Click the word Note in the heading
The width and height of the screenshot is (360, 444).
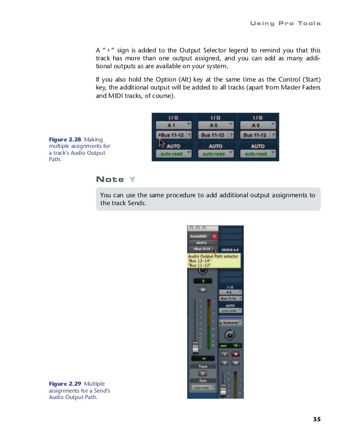pyautogui.click(x=110, y=179)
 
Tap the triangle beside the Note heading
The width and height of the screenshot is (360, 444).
pyautogui.click(x=132, y=179)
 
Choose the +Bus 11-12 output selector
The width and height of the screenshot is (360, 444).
pyautogui.click(x=170, y=134)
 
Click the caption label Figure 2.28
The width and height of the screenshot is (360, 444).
pyautogui.click(x=65, y=140)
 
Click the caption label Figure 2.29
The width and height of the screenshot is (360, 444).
pyautogui.click(x=65, y=383)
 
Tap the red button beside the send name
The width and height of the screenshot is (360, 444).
pyautogui.click(x=214, y=236)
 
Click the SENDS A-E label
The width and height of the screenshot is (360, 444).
pyautogui.click(x=230, y=251)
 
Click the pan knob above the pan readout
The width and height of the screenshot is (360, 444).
pyautogui.click(x=229, y=334)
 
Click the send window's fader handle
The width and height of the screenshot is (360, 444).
pyautogui.click(x=195, y=346)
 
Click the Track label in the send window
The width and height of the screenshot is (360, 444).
pyautogui.click(x=202, y=366)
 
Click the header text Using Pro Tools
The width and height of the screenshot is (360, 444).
pyautogui.click(x=285, y=23)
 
